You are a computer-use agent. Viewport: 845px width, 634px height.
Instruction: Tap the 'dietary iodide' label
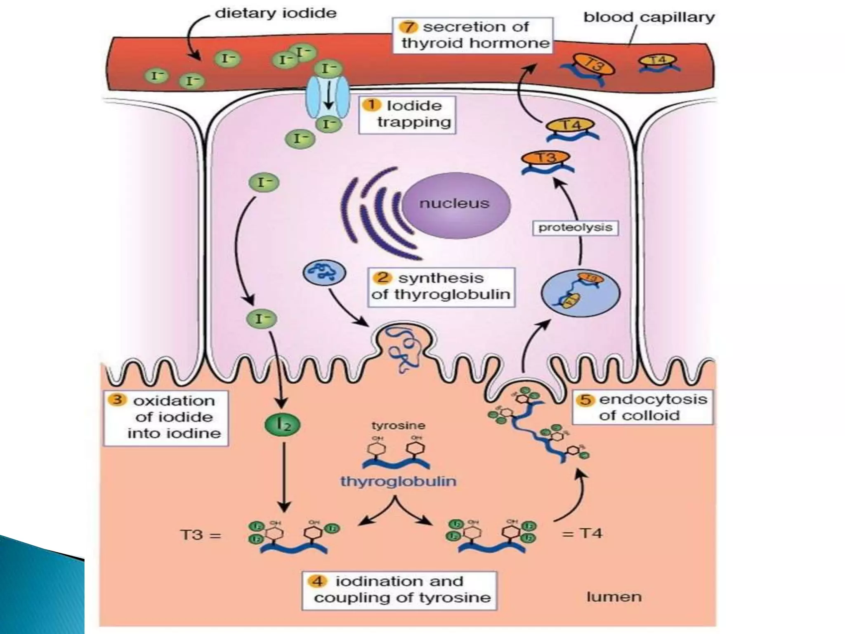pyautogui.click(x=276, y=13)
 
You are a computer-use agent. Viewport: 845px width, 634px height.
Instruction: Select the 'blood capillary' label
pyautogui.click(x=649, y=17)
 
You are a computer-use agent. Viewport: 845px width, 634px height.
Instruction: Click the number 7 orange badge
pyautogui.click(x=408, y=27)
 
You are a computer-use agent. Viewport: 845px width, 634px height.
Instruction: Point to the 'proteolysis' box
pyautogui.click(x=575, y=227)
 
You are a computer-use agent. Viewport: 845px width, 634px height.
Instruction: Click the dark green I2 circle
pyautogui.click(x=282, y=424)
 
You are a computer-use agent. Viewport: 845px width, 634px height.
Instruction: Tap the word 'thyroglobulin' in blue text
pyautogui.click(x=398, y=481)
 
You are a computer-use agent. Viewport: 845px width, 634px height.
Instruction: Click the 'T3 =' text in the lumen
pyautogui.click(x=201, y=535)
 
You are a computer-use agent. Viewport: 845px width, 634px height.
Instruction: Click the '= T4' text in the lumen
pyautogui.click(x=582, y=534)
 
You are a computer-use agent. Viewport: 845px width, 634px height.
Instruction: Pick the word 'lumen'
pyautogui.click(x=614, y=597)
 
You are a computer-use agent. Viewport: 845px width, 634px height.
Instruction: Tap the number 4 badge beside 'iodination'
pyautogui.click(x=317, y=581)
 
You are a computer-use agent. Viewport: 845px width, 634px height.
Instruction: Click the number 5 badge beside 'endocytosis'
pyautogui.click(x=586, y=400)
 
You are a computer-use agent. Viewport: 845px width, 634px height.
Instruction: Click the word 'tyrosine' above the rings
pyautogui.click(x=398, y=426)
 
